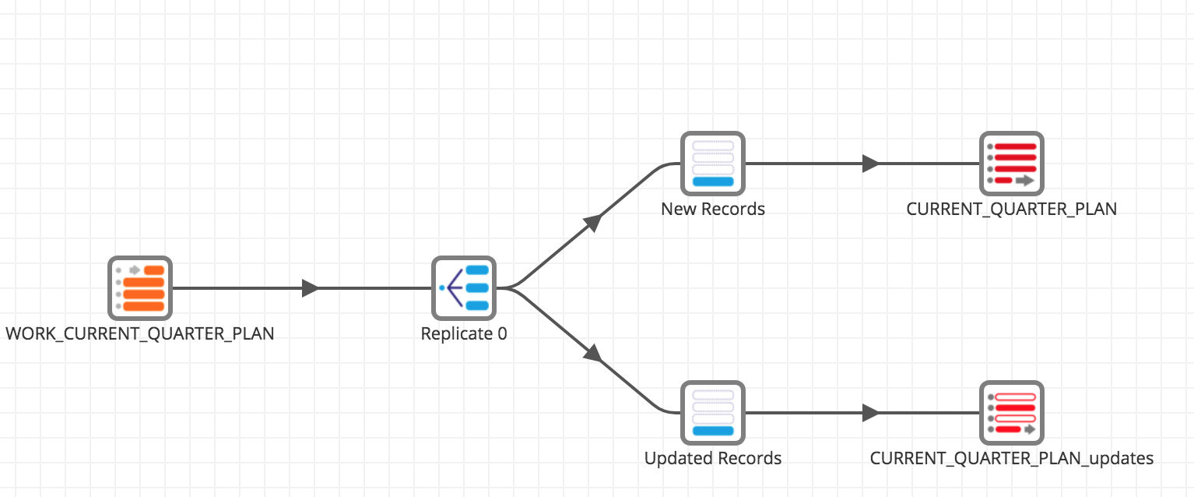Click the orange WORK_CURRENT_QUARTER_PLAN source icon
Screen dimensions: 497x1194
tap(139, 288)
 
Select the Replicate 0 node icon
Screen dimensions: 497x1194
tap(464, 288)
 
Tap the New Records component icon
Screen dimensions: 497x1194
tap(713, 164)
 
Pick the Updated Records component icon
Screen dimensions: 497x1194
tap(713, 413)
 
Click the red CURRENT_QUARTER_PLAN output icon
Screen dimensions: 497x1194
tap(1011, 164)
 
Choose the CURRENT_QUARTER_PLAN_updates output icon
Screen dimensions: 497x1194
tap(1011, 413)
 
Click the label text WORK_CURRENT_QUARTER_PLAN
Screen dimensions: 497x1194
tap(139, 334)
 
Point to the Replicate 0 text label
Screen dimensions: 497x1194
tap(464, 334)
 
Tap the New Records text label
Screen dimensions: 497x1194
tap(713, 210)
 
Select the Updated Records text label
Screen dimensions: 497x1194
tap(713, 459)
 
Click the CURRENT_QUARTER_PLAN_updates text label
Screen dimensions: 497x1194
tap(1011, 459)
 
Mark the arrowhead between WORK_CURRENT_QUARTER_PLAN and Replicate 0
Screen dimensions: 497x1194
tap(310, 288)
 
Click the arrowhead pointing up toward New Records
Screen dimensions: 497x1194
tap(593, 222)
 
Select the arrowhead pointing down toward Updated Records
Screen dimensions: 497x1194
tap(593, 354)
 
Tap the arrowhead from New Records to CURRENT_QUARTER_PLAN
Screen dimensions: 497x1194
tap(870, 164)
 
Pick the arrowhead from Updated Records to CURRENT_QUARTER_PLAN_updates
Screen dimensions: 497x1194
tap(870, 413)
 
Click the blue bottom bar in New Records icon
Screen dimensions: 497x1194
tap(713, 182)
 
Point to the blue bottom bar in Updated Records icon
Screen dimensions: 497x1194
tap(713, 431)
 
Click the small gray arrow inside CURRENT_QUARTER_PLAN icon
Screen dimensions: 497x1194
tap(1024, 180)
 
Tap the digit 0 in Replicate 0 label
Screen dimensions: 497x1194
tap(502, 334)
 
